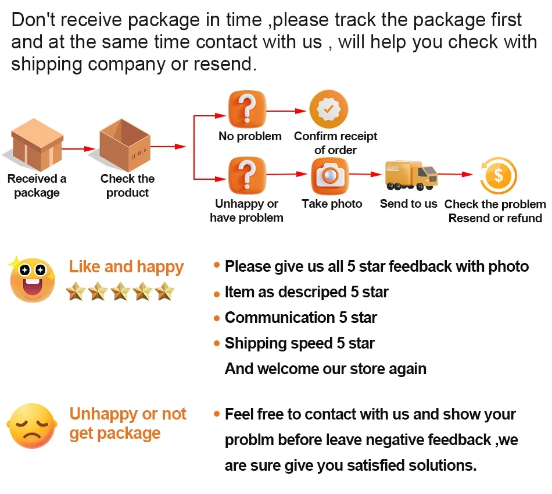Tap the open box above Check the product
pyautogui.click(x=126, y=145)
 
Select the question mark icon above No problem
pyautogui.click(x=247, y=109)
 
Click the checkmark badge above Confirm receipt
pyautogui.click(x=328, y=109)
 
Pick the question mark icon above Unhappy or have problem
pyautogui.click(x=247, y=175)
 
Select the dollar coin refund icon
pyautogui.click(x=498, y=176)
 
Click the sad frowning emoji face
pyautogui.click(x=33, y=425)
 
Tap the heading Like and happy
pyautogui.click(x=126, y=267)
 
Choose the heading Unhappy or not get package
pyautogui.click(x=127, y=424)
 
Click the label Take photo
pyautogui.click(x=332, y=204)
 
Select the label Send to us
pyautogui.click(x=408, y=204)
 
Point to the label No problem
pyautogui.click(x=250, y=137)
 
